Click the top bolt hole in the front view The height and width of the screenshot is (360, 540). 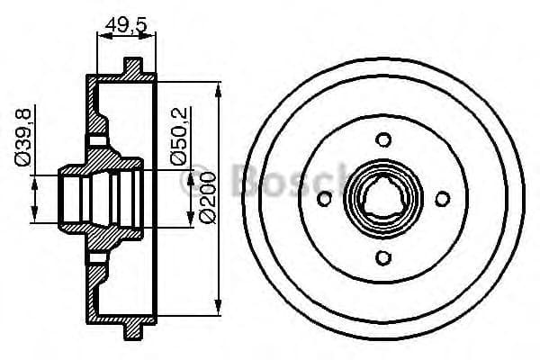(384, 139)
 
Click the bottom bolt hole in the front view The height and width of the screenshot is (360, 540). (384, 258)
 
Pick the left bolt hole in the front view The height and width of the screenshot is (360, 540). (325, 199)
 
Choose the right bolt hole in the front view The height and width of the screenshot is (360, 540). (444, 199)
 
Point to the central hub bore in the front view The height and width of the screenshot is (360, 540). (384, 199)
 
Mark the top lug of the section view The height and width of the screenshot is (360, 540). (133, 67)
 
